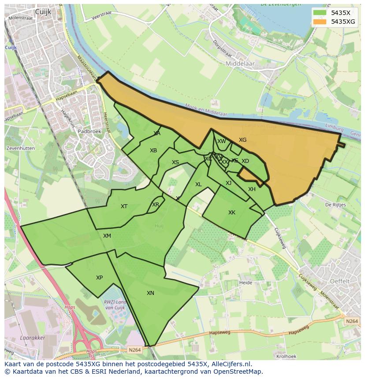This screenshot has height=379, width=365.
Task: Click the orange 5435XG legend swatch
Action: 320,21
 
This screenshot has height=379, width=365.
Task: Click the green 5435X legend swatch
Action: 320,12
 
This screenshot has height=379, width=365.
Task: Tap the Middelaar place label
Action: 240,64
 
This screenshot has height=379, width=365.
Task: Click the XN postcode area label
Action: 150,293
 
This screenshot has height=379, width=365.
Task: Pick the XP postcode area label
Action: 99,278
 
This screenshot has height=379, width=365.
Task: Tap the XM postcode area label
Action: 107,236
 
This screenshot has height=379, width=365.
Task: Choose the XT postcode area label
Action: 124,206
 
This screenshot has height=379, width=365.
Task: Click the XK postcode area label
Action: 232,213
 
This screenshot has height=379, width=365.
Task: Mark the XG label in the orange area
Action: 242,140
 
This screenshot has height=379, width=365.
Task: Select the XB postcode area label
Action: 153,151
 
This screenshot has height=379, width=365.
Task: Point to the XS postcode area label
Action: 175,162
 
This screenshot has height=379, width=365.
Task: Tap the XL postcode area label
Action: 198,184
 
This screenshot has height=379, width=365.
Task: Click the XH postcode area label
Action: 252,189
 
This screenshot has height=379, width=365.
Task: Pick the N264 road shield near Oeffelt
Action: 352,321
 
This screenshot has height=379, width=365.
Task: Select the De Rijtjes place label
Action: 334,205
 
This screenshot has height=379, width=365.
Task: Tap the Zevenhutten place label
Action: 20,149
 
